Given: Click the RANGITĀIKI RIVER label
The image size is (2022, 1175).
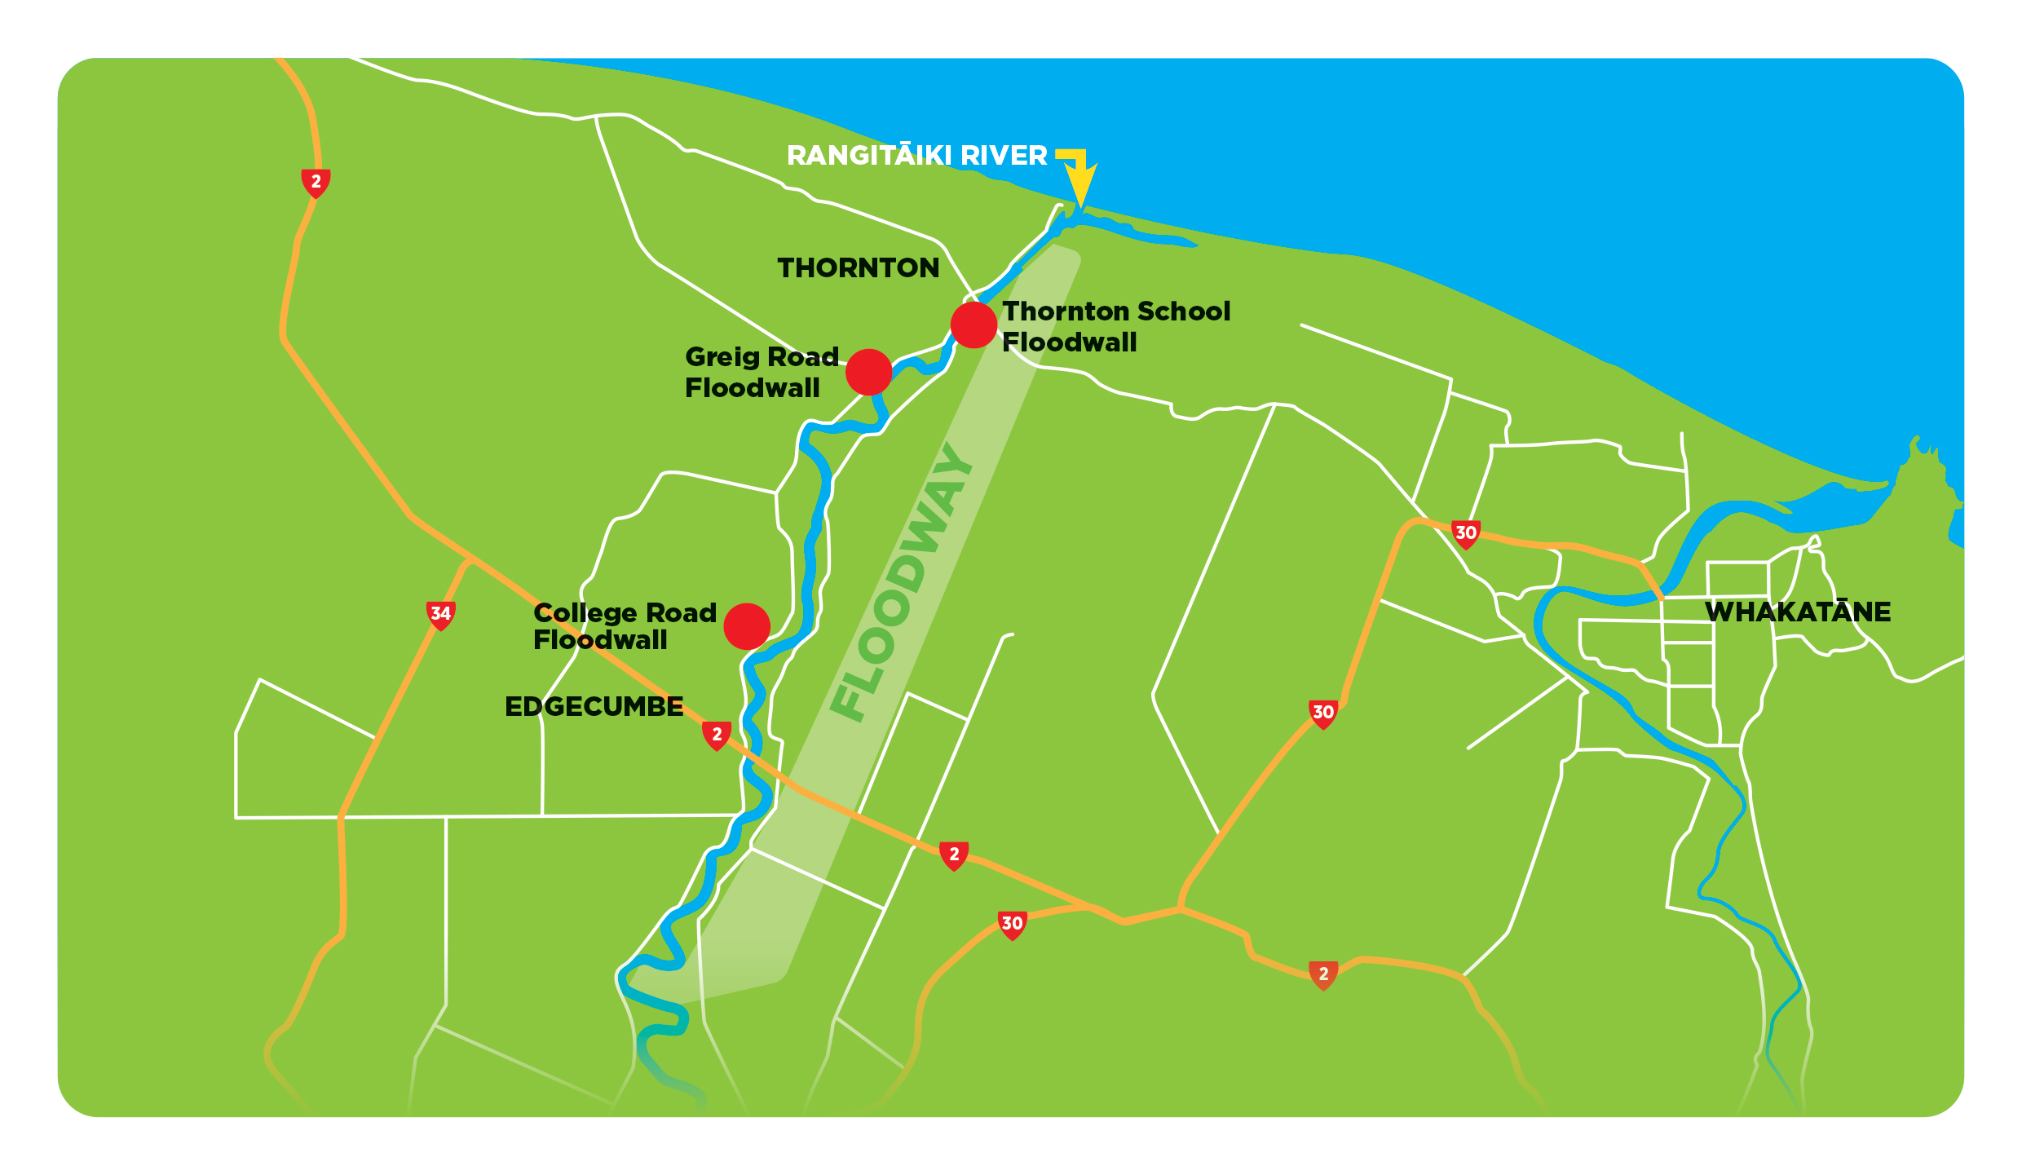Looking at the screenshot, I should click(x=916, y=155).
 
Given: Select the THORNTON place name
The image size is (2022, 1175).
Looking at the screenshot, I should click(x=858, y=267).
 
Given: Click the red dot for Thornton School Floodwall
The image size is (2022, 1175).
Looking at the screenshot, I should click(x=973, y=325).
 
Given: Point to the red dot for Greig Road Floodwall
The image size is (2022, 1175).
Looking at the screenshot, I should click(x=868, y=372).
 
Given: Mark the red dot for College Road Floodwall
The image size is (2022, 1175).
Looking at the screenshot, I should click(x=747, y=626).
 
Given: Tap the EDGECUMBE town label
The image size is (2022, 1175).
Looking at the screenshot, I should click(x=594, y=706).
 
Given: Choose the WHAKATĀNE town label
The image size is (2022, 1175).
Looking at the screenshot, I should click(x=1798, y=612).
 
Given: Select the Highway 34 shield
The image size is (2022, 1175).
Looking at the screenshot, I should click(x=440, y=615).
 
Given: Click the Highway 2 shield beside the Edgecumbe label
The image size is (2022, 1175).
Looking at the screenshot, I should click(x=717, y=735).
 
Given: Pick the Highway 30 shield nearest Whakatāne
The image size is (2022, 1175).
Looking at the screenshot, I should click(x=1465, y=534).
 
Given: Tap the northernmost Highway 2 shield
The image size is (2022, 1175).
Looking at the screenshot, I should click(x=316, y=183).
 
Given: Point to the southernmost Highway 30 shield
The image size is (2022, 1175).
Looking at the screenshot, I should click(x=1012, y=925).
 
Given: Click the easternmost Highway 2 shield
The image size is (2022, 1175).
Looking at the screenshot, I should click(x=1323, y=974).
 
